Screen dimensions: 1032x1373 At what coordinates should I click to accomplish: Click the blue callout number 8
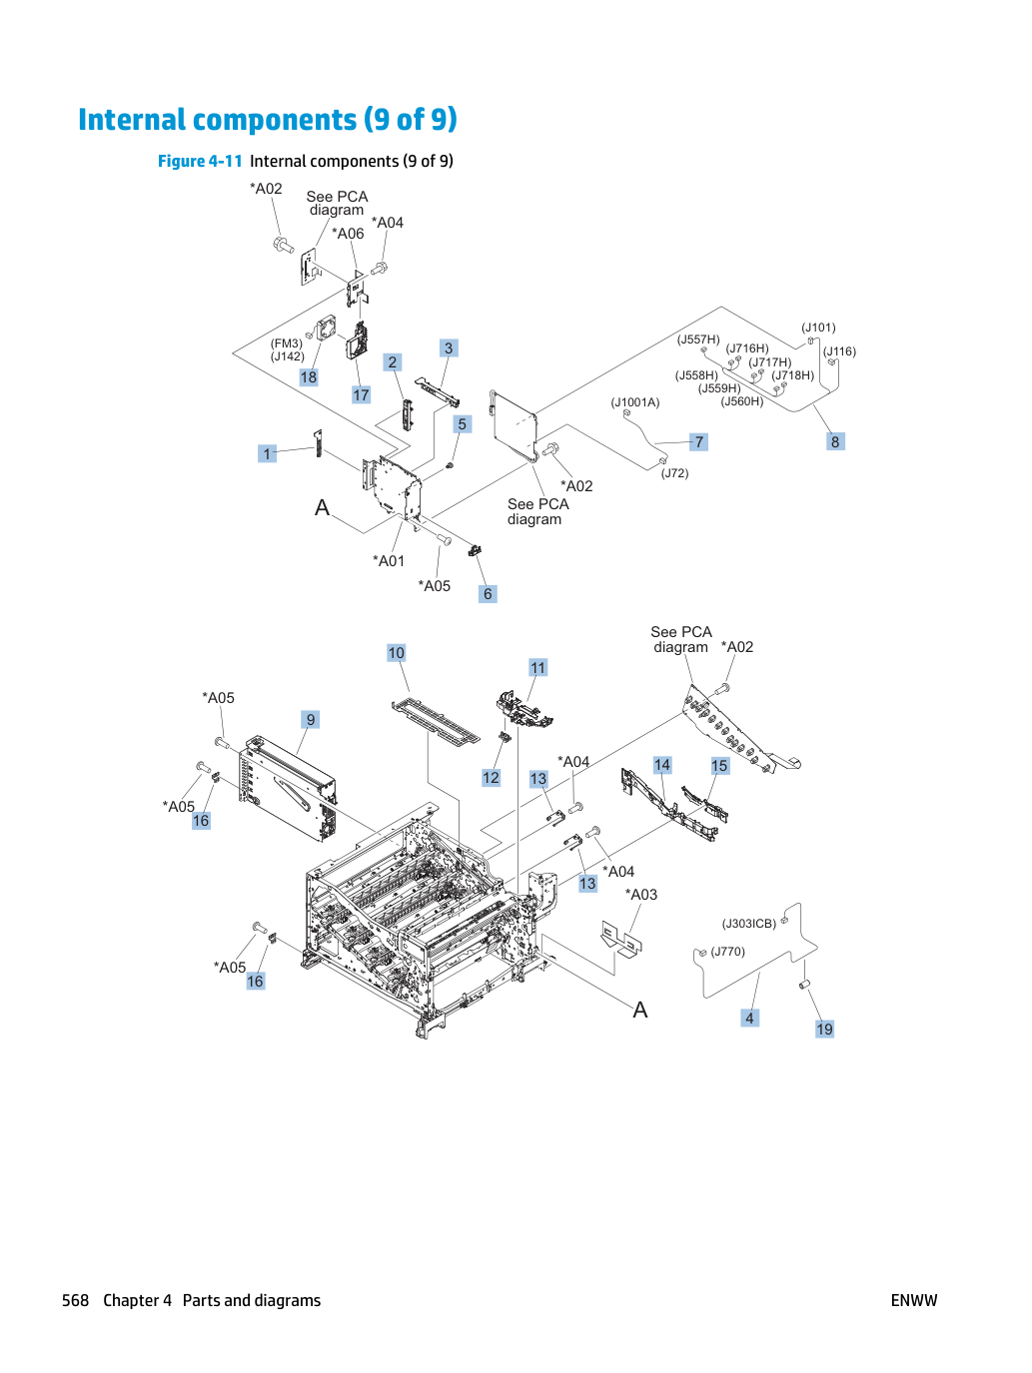coord(835,441)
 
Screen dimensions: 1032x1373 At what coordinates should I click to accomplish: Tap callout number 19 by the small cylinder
coord(824,1029)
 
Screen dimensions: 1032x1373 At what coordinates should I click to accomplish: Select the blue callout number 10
coord(397,653)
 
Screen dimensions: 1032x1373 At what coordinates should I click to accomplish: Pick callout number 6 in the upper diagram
coord(488,593)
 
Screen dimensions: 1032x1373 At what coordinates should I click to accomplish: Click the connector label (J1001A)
coord(635,402)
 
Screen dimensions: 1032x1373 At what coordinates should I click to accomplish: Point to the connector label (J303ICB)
coord(749,924)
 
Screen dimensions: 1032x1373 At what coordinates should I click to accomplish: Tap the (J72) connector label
coord(674,473)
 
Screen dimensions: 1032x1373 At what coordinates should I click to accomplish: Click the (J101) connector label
coord(818,328)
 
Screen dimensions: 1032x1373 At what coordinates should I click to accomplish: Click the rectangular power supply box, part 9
coord(289,787)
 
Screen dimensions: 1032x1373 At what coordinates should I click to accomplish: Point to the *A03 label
coord(641,895)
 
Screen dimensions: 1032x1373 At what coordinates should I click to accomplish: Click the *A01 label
coord(389,561)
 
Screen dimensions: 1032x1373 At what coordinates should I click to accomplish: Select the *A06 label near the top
coord(348,234)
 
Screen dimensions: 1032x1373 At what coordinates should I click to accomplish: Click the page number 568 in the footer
coord(75,1300)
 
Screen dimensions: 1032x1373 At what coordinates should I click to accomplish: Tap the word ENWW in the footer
coord(914,1300)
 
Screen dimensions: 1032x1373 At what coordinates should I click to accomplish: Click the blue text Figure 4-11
coord(200,162)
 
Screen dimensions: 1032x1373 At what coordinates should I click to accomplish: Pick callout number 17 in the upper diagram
coord(361,394)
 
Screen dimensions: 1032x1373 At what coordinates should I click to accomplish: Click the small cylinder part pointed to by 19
coord(805,985)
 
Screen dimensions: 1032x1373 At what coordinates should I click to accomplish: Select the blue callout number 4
coord(749,1018)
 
